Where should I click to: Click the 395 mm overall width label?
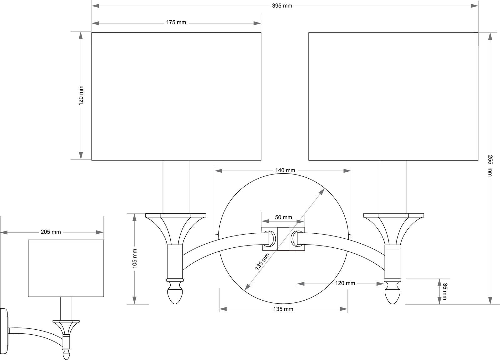(282, 6)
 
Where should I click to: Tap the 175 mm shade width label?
(176, 23)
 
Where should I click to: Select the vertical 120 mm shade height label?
(81, 95)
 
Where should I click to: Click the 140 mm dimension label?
(285, 170)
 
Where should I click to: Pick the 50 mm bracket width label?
(283, 217)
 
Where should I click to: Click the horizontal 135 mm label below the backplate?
(283, 309)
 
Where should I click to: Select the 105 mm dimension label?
(135, 258)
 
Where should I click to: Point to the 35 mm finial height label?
(444, 291)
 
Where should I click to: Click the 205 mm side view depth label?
(51, 232)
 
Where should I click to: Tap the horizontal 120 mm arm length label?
(345, 283)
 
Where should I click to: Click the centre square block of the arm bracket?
(283, 239)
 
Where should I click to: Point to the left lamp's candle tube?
(176, 187)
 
